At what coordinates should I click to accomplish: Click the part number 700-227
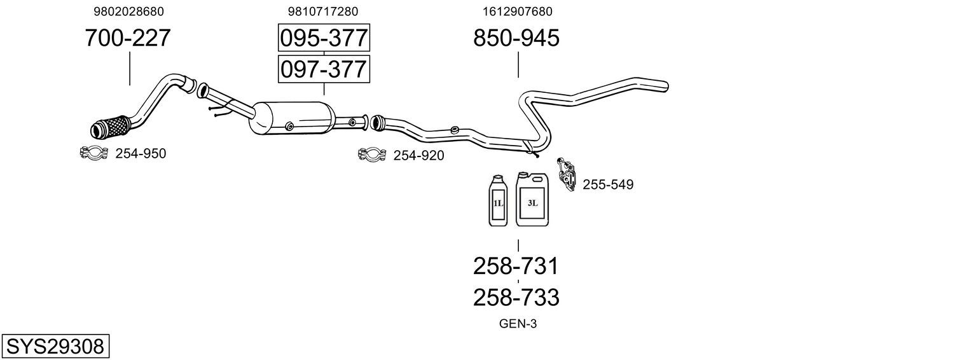128,38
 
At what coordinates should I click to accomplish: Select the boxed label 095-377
324,38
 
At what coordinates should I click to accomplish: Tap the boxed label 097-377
324,69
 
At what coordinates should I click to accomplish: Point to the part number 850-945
516,38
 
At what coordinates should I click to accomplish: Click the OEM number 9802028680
128,11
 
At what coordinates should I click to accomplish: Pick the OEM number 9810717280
323,11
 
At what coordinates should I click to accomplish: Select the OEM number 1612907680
517,11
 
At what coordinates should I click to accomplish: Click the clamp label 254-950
141,154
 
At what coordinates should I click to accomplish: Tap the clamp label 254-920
418,155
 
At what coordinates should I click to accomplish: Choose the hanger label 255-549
608,184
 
